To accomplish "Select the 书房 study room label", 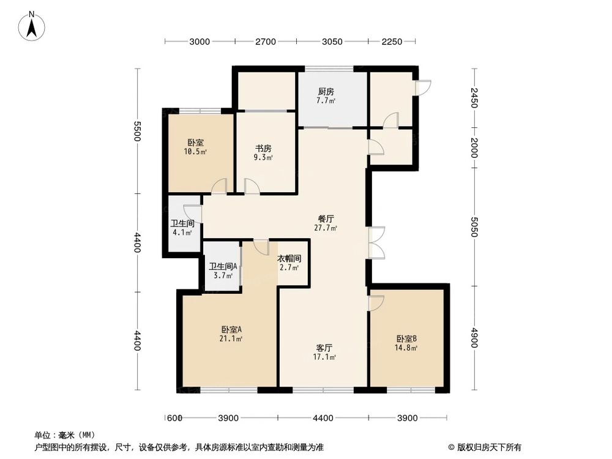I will pyautogui.click(x=263, y=152).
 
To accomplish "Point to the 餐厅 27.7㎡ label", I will pyautogui.click(x=326, y=223).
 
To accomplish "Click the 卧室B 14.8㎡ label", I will pyautogui.click(x=406, y=343).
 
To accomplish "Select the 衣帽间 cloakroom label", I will pyautogui.click(x=288, y=263).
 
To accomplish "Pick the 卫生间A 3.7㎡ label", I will pyautogui.click(x=223, y=271).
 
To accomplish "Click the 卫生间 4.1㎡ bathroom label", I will pyautogui.click(x=182, y=228).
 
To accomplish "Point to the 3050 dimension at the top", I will pyautogui.click(x=332, y=42).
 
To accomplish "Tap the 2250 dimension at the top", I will pyautogui.click(x=391, y=42).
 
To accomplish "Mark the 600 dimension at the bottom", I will pyautogui.click(x=175, y=418).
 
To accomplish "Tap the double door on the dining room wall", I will pyautogui.click(x=376, y=242).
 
